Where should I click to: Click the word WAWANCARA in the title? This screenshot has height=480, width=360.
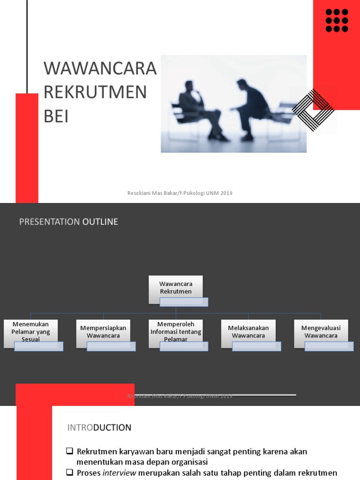[100, 68]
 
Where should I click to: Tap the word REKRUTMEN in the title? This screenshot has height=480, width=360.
[95, 92]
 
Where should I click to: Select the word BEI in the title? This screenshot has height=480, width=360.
[56, 117]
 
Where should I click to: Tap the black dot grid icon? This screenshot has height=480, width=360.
[337, 20]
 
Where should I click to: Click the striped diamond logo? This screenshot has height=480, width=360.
[313, 110]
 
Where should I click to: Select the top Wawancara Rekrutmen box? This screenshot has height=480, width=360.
[176, 288]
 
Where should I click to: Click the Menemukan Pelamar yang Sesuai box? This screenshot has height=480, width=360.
[31, 332]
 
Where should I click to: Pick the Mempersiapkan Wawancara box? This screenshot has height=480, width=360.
[103, 332]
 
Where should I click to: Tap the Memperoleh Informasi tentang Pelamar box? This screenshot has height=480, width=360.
[176, 332]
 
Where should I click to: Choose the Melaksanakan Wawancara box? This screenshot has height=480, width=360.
[248, 332]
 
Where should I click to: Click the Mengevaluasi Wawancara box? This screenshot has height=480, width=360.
[321, 332]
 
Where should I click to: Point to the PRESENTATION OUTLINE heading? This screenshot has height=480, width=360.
[68, 222]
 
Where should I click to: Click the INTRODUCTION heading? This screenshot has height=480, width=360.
[99, 427]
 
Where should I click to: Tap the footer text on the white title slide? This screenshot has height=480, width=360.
[180, 193]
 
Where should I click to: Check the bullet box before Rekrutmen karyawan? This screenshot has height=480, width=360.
[69, 451]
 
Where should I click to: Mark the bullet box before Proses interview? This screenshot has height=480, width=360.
[69, 473]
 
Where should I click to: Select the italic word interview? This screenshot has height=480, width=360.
[120, 473]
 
